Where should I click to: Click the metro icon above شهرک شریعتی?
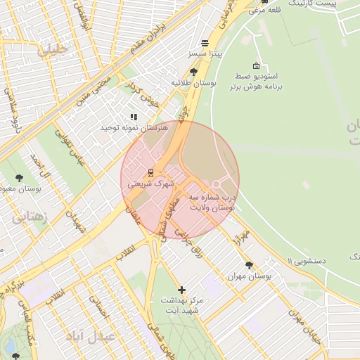click(150, 172)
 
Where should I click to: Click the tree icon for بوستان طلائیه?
click(194, 72)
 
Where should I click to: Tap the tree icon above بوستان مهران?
click(249, 265)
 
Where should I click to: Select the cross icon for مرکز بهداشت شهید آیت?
click(181, 290)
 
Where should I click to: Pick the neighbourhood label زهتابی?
click(30, 217)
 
